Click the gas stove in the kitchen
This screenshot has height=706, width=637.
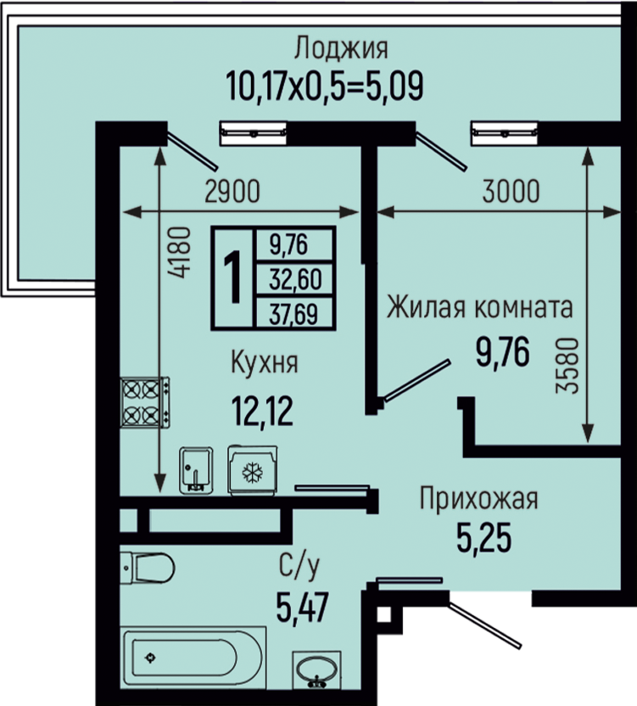pyautogui.click(x=145, y=402)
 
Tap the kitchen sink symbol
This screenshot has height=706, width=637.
pyautogui.click(x=196, y=470)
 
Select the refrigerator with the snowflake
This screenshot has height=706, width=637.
pyautogui.click(x=252, y=470)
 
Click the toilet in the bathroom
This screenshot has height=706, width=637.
pyautogui.click(x=148, y=568)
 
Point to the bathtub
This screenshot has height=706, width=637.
pyautogui.click(x=193, y=658)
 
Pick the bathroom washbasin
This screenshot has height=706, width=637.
pyautogui.click(x=317, y=670)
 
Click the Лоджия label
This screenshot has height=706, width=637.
pyautogui.click(x=341, y=48)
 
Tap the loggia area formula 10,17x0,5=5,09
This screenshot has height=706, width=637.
pyautogui.click(x=325, y=86)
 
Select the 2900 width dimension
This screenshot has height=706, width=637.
pyautogui.click(x=232, y=192)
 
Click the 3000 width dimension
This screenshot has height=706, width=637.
pyautogui.click(x=511, y=192)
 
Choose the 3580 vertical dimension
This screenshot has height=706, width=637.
pyautogui.click(x=567, y=366)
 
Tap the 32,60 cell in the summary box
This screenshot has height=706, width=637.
pyautogui.click(x=295, y=280)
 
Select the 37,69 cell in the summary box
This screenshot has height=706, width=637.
pyautogui.click(x=293, y=313)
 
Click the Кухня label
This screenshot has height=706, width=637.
pyautogui.click(x=265, y=362)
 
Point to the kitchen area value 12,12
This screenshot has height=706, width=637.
pyautogui.click(x=262, y=410)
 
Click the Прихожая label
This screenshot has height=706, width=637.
pyautogui.click(x=478, y=498)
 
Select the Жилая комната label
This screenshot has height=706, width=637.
pyautogui.click(x=480, y=307)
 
